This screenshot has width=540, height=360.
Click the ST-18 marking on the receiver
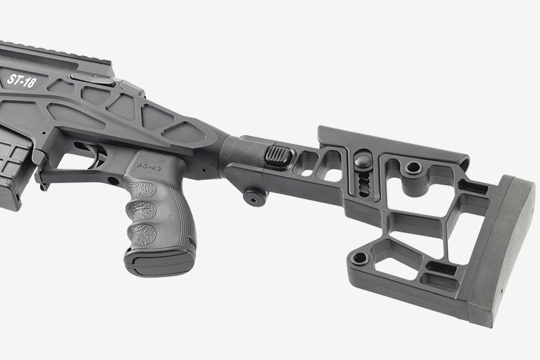tap(21, 81)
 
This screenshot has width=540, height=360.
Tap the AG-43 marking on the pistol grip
tap(149, 167)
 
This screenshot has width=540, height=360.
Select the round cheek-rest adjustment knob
tap(363, 159)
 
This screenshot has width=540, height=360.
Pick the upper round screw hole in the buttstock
tap(413, 168)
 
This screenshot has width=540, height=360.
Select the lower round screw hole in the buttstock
tap(360, 258)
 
